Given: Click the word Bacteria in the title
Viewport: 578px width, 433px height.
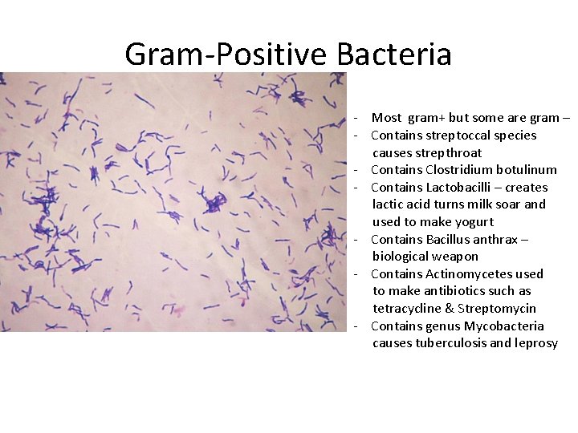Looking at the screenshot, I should click(394, 55).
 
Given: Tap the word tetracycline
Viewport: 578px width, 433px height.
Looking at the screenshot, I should click(409, 309).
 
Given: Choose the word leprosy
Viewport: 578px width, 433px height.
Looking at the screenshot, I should click(535, 343).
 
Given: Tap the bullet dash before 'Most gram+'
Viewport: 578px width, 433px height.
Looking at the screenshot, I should click(354, 119).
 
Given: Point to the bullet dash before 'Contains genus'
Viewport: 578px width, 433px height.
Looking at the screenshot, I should click(354, 326).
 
